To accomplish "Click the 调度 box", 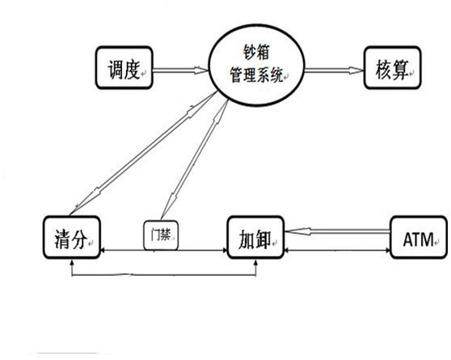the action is coord(124,67).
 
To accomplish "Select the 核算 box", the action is coord(392,67).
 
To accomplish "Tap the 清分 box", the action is coord(72,237).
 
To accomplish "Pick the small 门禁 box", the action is coord(161,235).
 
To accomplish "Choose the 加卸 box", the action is coord(255,237).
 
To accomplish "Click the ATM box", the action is coord(419,237).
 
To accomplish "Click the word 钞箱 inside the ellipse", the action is coord(256,53).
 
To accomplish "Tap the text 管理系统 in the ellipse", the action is coord(256,74).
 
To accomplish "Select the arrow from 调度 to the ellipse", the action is coord(180,70).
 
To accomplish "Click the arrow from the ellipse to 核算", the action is coord(335,70).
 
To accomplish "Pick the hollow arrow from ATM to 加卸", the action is coord(337,231).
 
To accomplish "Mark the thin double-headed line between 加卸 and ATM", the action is coord(337,250).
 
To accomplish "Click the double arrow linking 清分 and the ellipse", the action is coord(144,153).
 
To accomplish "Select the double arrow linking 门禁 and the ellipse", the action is coord(194,159).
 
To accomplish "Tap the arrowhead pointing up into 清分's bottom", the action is coord(72,261).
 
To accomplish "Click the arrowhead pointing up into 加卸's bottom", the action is coord(256,261).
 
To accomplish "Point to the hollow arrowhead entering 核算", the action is coord(356,70).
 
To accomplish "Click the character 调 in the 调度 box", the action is coord(116,70).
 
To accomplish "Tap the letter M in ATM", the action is coord(427,239).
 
